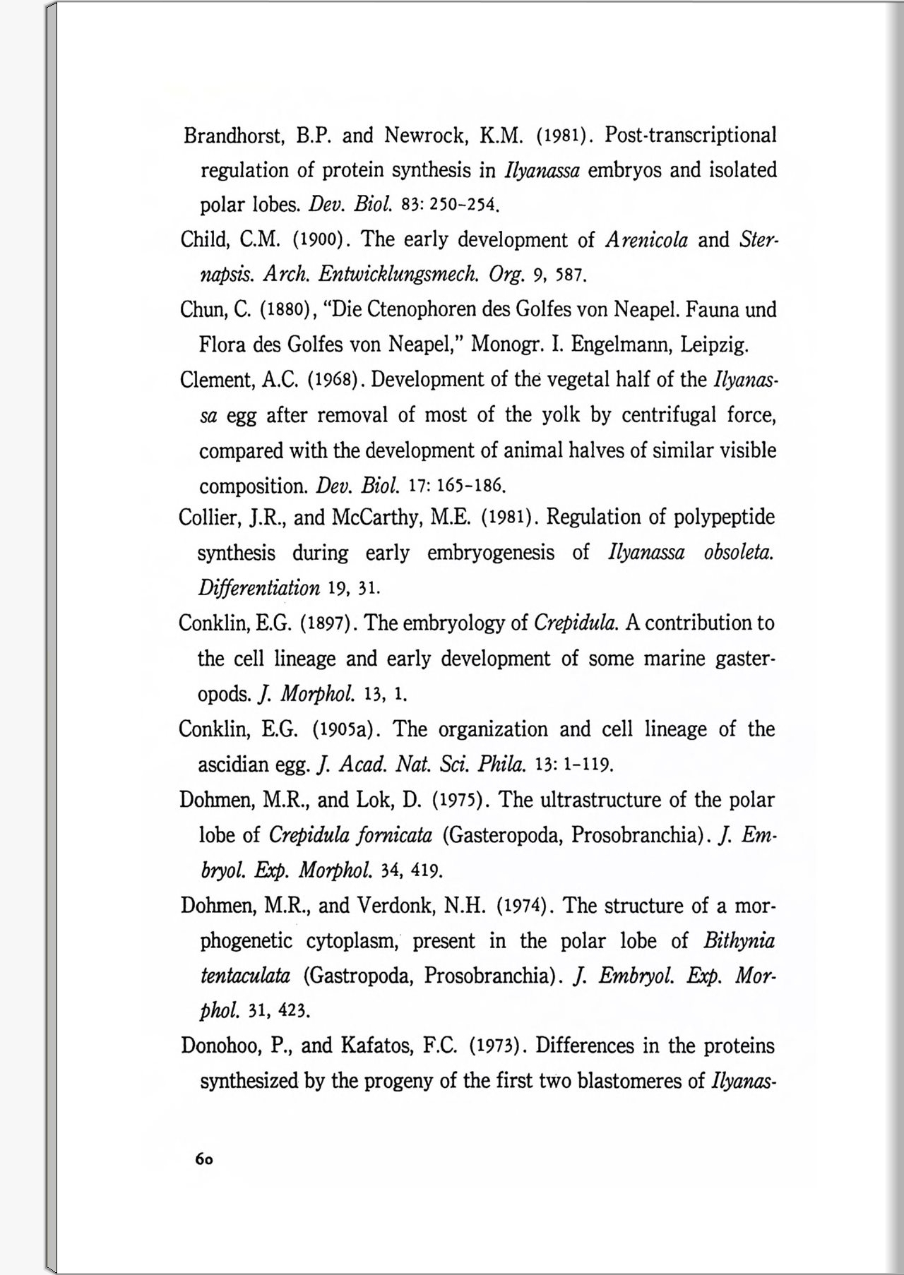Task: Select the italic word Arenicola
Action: [x=646, y=240]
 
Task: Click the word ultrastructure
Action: [x=602, y=800]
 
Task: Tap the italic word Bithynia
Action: [x=739, y=941]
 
